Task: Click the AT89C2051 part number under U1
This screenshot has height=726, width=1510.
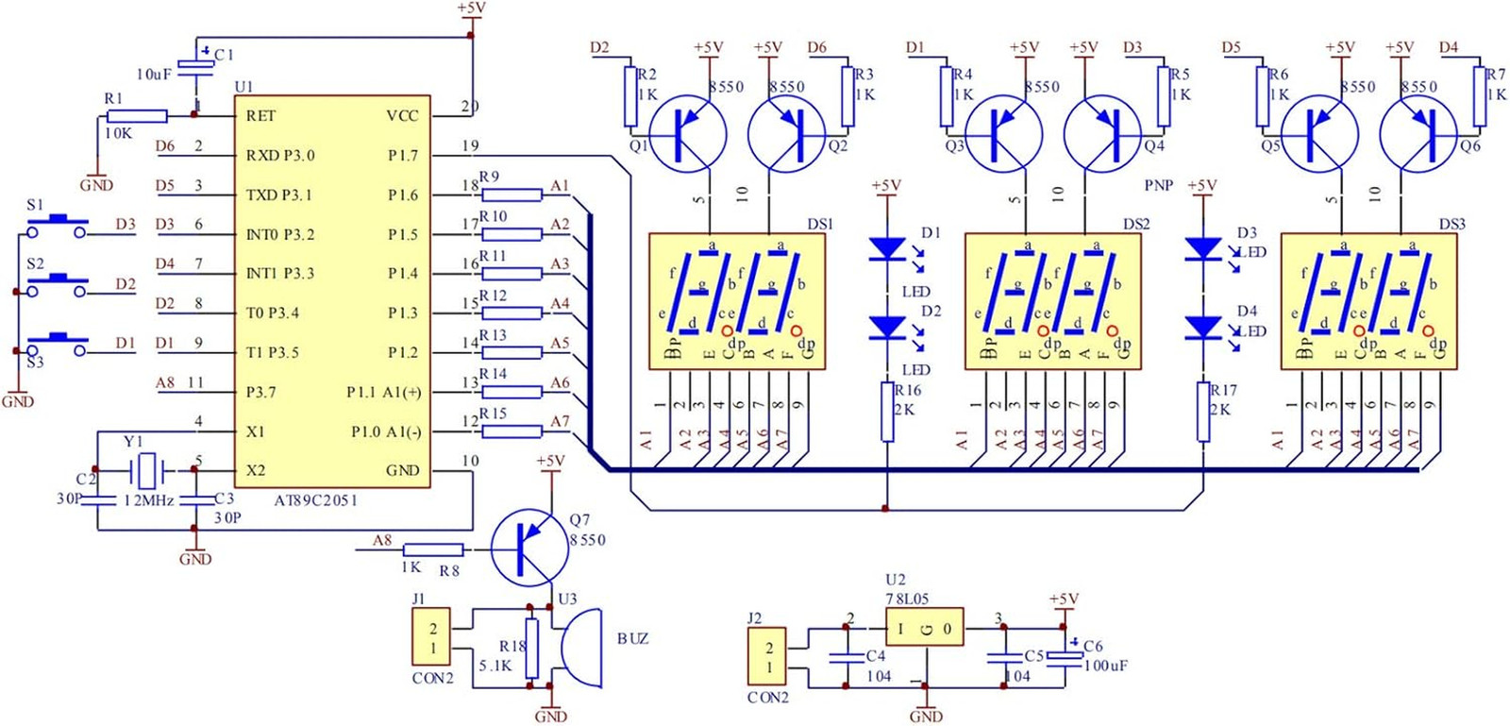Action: pyautogui.click(x=315, y=500)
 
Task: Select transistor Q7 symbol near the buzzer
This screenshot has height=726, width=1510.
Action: pyautogui.click(x=529, y=549)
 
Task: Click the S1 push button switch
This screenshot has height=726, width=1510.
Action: pyautogui.click(x=57, y=225)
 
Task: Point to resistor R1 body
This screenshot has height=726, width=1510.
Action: pyautogui.click(x=137, y=116)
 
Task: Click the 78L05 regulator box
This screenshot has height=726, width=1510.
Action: pyautogui.click(x=924, y=628)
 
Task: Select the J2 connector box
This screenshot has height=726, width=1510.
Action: pyautogui.click(x=768, y=656)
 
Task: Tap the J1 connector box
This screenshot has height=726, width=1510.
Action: pyautogui.click(x=432, y=637)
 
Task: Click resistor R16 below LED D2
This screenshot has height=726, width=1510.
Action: pyautogui.click(x=887, y=412)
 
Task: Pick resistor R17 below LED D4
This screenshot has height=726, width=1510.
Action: pyautogui.click(x=1203, y=412)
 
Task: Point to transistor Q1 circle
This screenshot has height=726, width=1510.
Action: pyautogui.click(x=688, y=133)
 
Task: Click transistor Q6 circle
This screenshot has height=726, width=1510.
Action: pyautogui.click(x=1418, y=133)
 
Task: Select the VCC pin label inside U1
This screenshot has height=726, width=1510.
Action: pyautogui.click(x=402, y=116)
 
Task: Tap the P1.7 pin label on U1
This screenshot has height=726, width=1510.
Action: pyautogui.click(x=403, y=156)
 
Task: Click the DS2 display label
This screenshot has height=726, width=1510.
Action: pyautogui.click(x=1136, y=225)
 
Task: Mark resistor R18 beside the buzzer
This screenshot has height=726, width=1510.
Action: pyautogui.click(x=531, y=649)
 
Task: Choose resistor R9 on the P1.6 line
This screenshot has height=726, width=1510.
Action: pyautogui.click(x=512, y=194)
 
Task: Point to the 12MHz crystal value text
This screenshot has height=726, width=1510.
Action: pyautogui.click(x=149, y=500)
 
